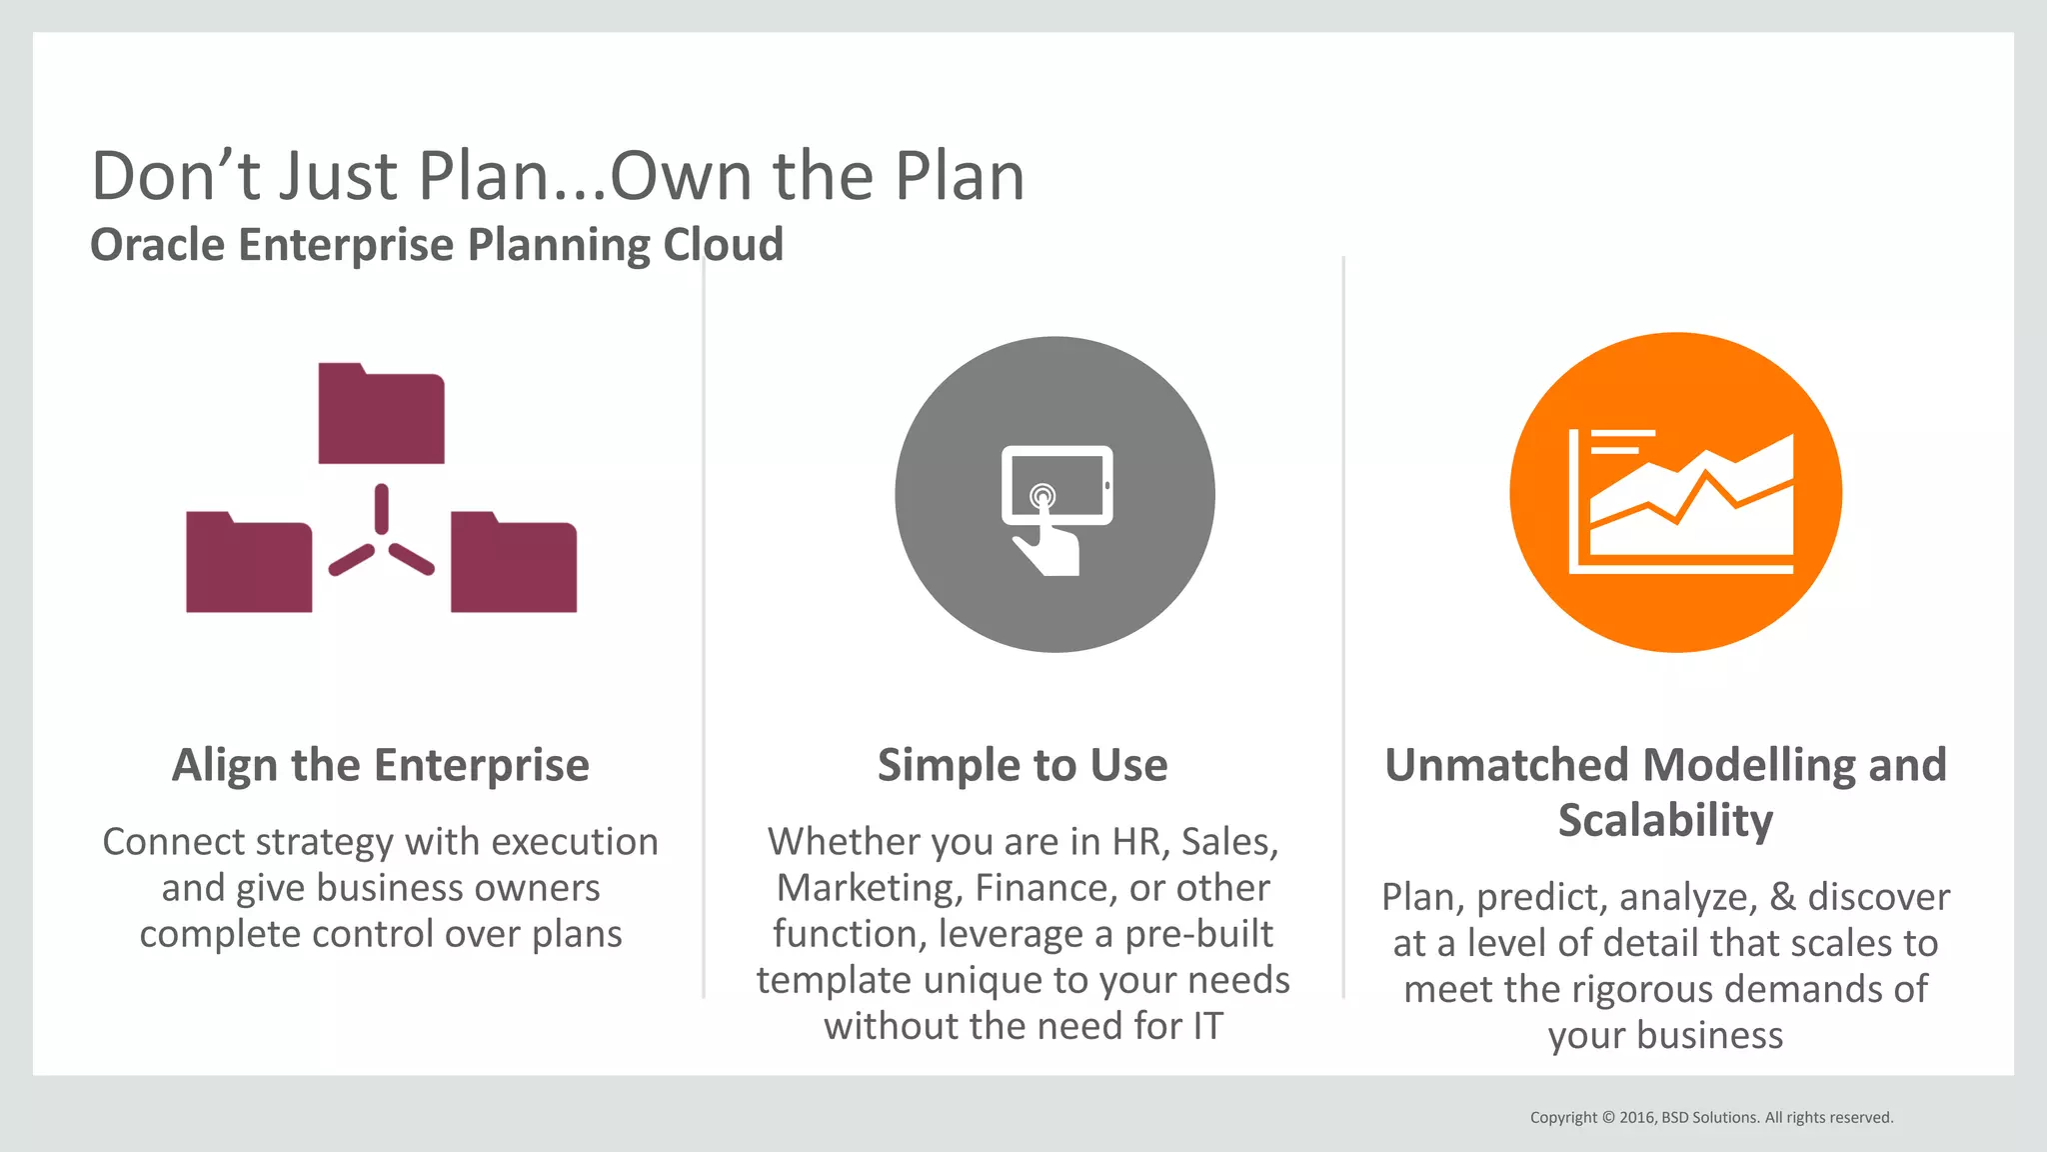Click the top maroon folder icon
point(381,415)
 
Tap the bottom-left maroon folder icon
point(249,564)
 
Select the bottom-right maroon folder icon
point(514,564)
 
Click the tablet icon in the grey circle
point(1056,484)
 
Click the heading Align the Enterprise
point(380,765)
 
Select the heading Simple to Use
point(1023,765)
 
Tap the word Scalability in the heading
point(1665,820)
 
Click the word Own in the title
point(682,176)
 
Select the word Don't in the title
point(177,176)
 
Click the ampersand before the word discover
point(1782,897)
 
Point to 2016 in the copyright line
point(1637,1117)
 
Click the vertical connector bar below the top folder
point(381,509)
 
